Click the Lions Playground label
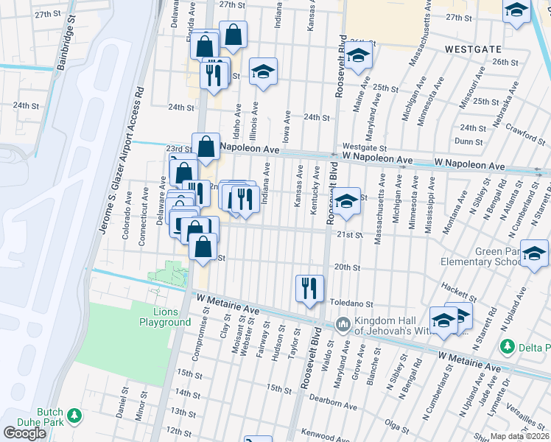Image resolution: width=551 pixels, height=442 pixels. coord(166,317)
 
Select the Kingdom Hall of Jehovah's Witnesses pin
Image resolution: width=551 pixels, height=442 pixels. coord(343,323)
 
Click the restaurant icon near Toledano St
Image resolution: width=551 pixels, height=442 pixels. coord(309,288)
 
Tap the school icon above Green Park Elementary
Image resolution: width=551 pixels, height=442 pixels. coord(534,253)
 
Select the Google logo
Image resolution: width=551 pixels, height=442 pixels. coord(24,433)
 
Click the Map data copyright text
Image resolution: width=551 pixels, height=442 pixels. coord(520,437)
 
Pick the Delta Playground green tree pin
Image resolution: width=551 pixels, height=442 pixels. coord(507,345)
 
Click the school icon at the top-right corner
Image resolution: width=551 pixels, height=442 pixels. coord(516,10)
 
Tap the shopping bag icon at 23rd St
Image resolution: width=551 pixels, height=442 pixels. coord(206,146)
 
